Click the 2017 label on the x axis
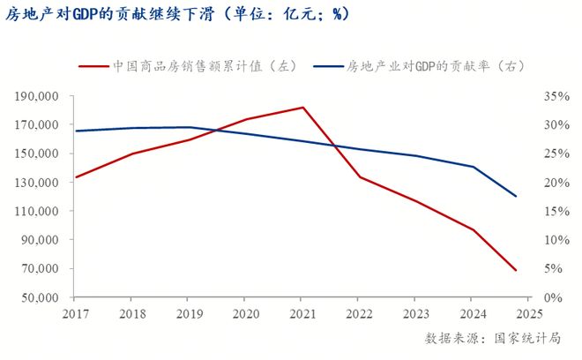[76, 313]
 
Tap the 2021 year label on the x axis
[302, 313]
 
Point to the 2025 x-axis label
[529, 313]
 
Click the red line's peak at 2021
[302, 108]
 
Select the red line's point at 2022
[359, 177]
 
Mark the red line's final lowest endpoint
[516, 270]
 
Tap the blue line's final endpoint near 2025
[516, 196]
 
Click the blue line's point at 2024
[473, 167]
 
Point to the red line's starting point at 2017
[76, 177]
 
